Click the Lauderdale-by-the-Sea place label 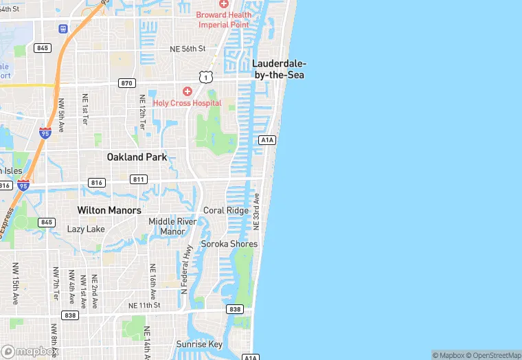click(279, 69)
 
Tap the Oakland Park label click(137, 157)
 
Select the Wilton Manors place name click(109, 210)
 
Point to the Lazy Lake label click(86, 229)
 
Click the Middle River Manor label click(172, 226)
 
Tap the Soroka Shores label click(229, 244)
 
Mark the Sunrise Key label click(199, 344)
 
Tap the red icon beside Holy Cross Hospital click(187, 91)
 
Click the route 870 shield click(126, 83)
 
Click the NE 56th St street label click(188, 49)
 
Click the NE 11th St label click(144, 305)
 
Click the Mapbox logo click(30, 351)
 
